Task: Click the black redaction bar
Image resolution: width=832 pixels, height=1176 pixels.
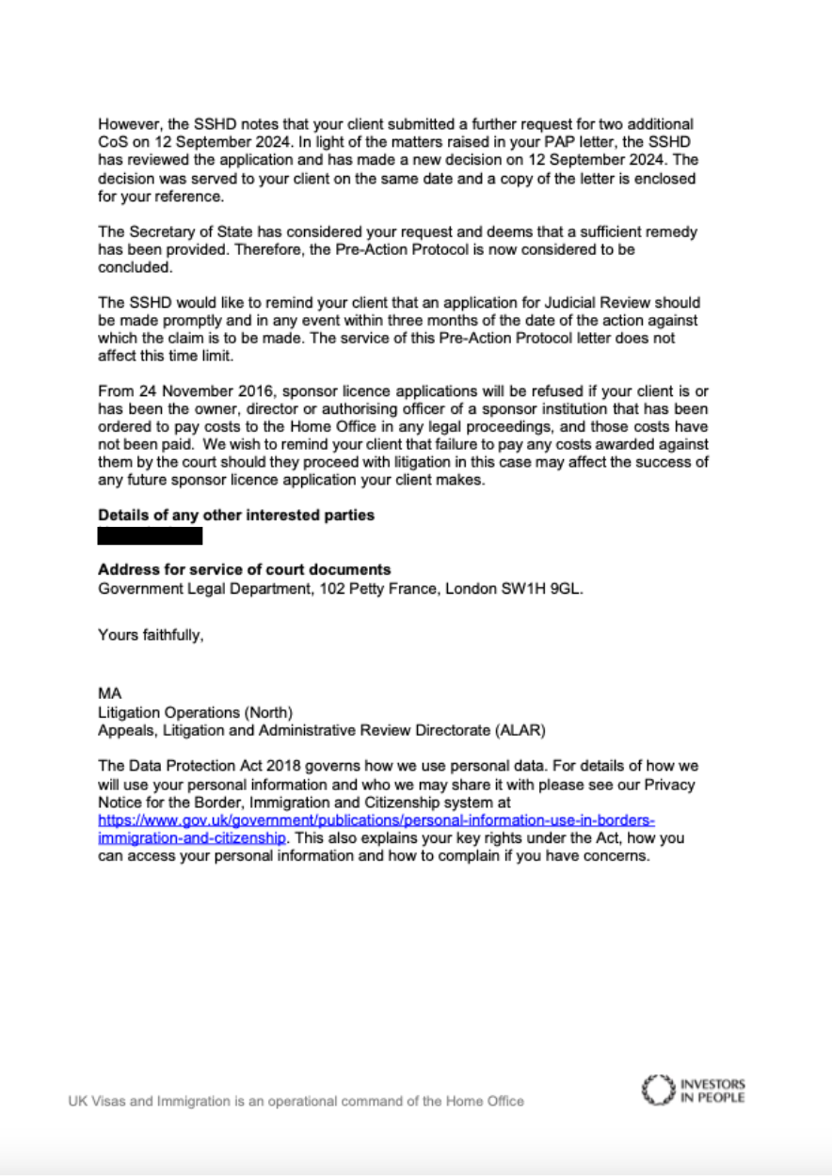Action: [x=151, y=536]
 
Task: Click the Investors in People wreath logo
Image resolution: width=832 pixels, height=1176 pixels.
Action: [x=657, y=1089]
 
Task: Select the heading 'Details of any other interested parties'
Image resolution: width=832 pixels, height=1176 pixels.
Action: [x=236, y=515]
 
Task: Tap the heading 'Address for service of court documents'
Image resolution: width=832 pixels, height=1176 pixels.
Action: [x=245, y=570]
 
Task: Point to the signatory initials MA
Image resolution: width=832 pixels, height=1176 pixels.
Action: [x=109, y=694]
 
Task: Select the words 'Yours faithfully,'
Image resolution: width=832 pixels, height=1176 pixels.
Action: [x=151, y=635]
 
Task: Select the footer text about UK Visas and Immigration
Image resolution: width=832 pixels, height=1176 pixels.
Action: [x=296, y=1101]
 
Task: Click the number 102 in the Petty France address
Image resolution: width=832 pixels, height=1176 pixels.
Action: [x=301, y=589]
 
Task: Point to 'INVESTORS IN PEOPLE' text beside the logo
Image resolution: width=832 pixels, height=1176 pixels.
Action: [x=712, y=1090]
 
